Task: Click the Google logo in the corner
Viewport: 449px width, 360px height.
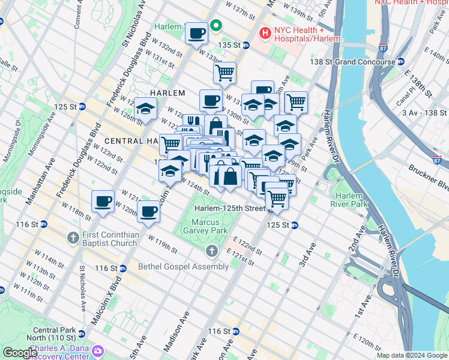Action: (20, 353)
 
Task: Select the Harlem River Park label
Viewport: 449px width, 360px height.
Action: (349, 200)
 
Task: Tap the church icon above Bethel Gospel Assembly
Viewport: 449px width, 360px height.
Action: (211, 250)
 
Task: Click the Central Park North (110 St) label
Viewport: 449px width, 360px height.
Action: (54, 334)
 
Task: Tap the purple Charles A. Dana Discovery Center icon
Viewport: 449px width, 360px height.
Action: (98, 350)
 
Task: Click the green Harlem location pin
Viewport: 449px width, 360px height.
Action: (215, 26)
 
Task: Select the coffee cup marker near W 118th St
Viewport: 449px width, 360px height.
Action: (103, 202)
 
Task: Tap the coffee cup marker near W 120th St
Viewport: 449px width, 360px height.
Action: (148, 211)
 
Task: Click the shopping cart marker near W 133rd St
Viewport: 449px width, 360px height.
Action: (224, 73)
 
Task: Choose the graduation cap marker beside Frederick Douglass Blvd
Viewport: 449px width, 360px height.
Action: (145, 109)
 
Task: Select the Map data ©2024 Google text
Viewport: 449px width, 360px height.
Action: (412, 355)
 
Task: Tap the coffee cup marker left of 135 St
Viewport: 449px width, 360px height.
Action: (196, 34)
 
